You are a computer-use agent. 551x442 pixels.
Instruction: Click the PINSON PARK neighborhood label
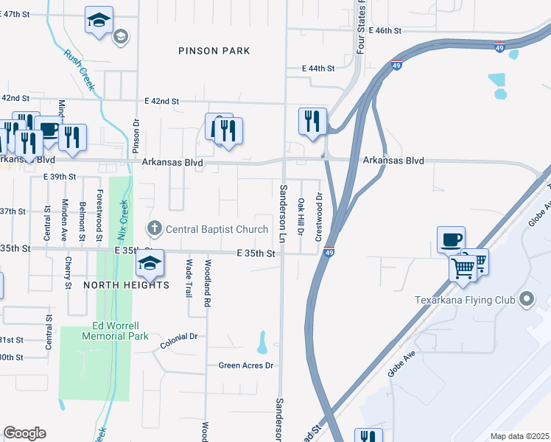214,51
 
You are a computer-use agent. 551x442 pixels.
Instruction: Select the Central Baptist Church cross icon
155,229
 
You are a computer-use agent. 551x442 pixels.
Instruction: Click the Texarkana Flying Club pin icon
526,300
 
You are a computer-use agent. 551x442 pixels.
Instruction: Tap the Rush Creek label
79,70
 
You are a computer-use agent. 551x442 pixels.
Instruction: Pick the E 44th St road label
318,68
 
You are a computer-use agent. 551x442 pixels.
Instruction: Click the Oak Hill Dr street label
301,217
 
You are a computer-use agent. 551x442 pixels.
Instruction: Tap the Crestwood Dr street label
319,217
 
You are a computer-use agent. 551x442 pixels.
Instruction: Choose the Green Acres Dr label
246,365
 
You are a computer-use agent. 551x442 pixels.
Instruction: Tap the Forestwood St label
99,220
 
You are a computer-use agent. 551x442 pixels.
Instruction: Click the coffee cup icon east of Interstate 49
451,239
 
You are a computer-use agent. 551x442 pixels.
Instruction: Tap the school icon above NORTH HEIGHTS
150,262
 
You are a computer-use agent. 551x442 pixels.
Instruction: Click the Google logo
24,433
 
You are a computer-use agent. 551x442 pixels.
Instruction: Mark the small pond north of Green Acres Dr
262,342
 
